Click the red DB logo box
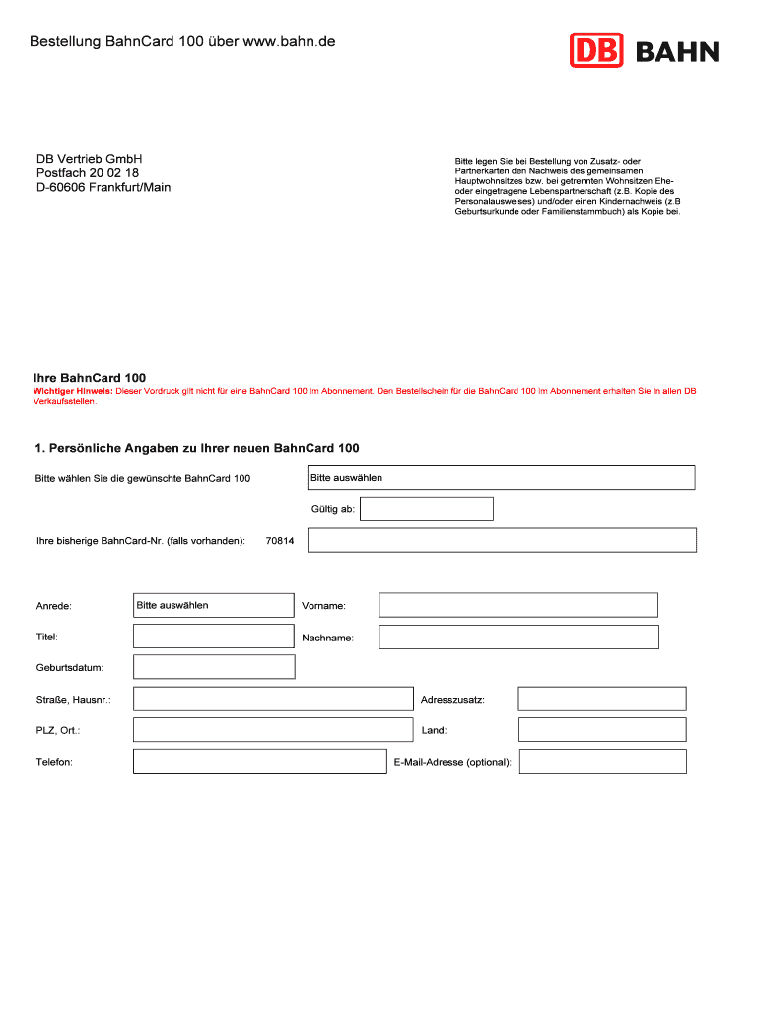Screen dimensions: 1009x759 (x=596, y=50)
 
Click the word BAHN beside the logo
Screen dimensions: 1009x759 (x=677, y=52)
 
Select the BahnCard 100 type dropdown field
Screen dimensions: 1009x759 (x=501, y=477)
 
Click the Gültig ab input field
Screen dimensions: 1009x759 (x=427, y=508)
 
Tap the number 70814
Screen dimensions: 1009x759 (x=280, y=541)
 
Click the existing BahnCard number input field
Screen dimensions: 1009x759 (x=502, y=540)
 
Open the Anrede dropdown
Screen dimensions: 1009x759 (x=213, y=605)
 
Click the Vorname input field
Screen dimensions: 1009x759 (x=518, y=605)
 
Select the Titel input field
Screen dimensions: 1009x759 (x=213, y=637)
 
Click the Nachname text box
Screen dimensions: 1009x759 (x=518, y=638)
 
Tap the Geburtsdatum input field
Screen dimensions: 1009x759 (x=213, y=667)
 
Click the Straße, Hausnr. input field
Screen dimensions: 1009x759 (x=273, y=699)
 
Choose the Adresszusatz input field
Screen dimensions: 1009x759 (x=602, y=699)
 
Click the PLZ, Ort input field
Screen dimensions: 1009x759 (x=273, y=730)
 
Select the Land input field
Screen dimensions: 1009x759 (x=602, y=730)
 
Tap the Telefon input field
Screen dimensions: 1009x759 (x=260, y=762)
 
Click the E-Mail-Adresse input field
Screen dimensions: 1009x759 (x=603, y=762)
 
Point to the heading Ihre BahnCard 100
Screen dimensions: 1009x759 (x=90, y=378)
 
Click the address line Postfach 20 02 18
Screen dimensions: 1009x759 (x=88, y=173)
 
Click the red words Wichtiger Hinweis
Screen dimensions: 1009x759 (x=73, y=391)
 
